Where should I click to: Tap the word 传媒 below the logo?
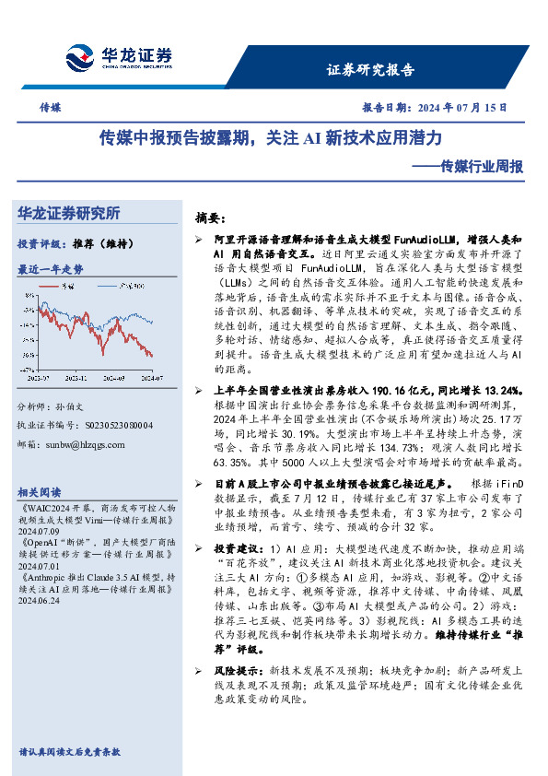[51, 108]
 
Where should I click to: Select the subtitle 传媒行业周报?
[482, 168]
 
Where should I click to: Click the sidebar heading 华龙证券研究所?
[69, 214]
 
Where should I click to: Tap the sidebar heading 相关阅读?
[41, 491]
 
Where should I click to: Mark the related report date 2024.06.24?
[40, 599]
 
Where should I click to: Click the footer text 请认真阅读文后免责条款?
[69, 752]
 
